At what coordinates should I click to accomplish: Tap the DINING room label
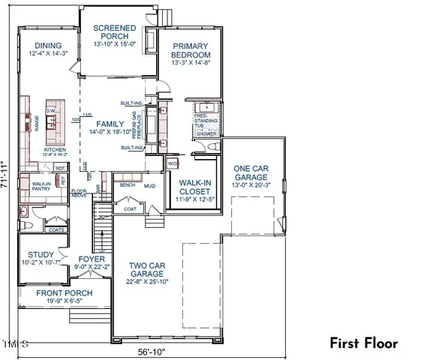[47, 46]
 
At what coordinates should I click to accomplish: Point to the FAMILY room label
[110, 123]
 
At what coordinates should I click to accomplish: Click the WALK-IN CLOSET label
[194, 191]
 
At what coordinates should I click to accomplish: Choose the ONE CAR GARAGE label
[251, 173]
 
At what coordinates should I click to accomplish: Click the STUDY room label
[36, 254]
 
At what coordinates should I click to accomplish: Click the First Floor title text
[364, 343]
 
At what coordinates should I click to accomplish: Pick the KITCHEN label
[55, 150]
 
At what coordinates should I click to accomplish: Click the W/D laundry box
[172, 163]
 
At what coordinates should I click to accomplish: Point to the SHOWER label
[204, 133]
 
